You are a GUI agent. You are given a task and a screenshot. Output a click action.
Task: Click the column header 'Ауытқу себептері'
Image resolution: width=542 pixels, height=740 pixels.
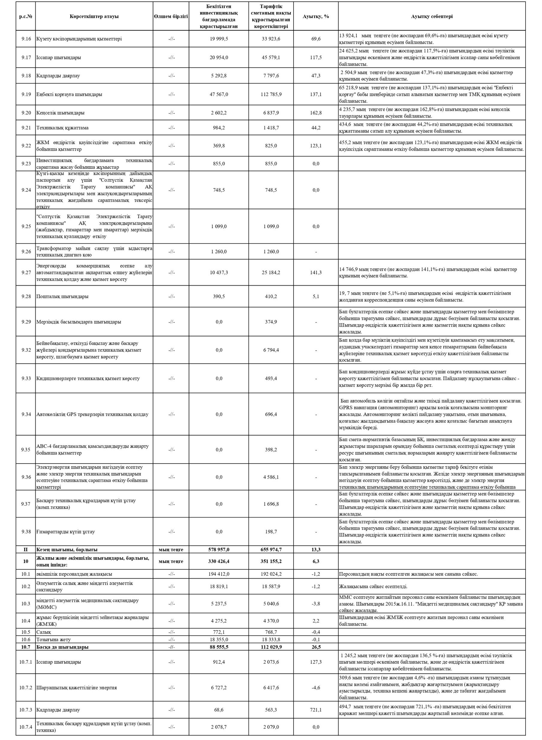coord(431,16)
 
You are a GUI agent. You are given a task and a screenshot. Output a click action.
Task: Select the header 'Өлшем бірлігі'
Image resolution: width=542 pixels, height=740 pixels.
coord(171,16)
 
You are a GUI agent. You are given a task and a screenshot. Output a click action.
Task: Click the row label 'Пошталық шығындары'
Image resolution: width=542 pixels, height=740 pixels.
coord(62,297)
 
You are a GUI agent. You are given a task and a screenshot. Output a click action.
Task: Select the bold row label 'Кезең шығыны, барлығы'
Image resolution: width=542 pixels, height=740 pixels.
coord(67,549)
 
